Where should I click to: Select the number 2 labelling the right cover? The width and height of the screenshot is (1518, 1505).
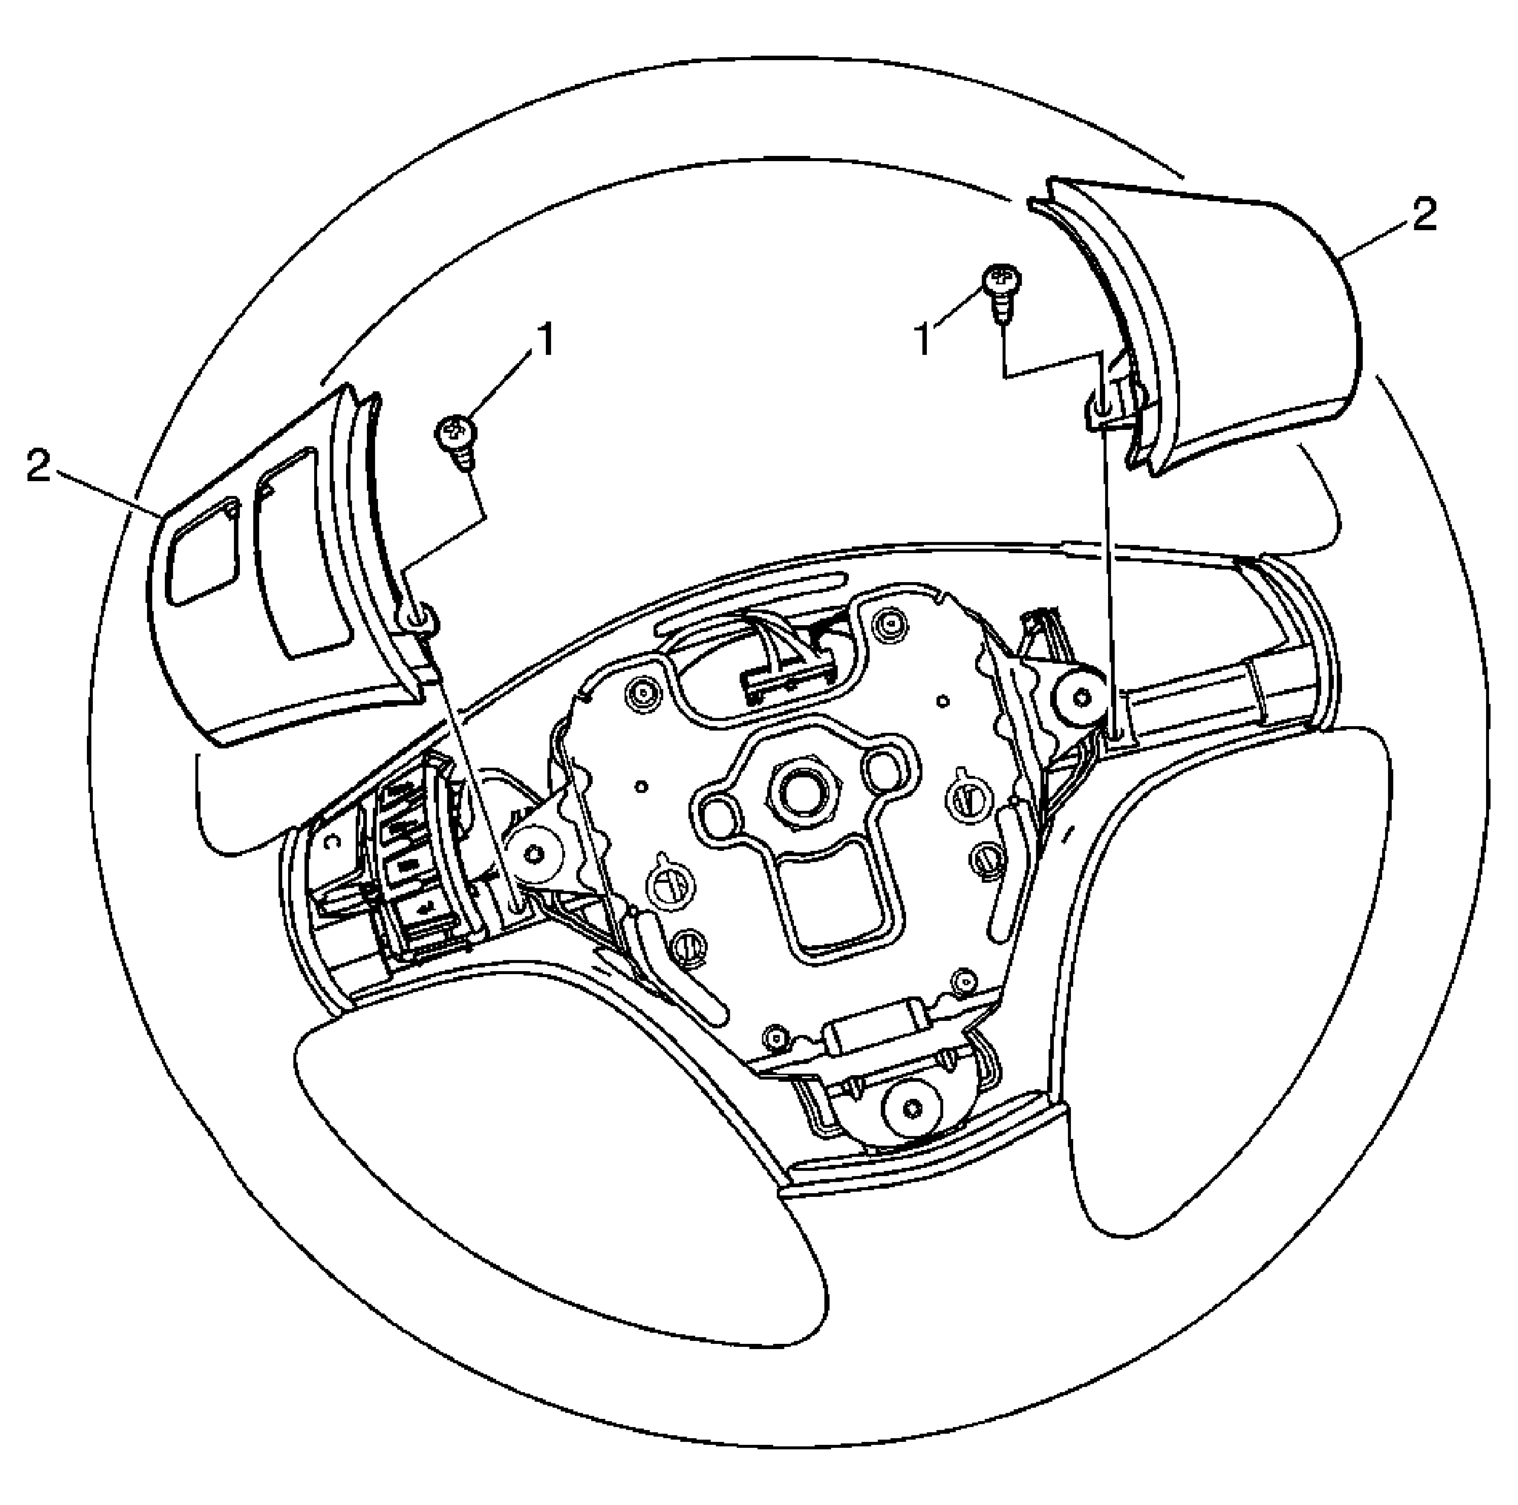click(x=1424, y=214)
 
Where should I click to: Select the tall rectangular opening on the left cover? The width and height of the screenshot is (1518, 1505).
click(x=302, y=552)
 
